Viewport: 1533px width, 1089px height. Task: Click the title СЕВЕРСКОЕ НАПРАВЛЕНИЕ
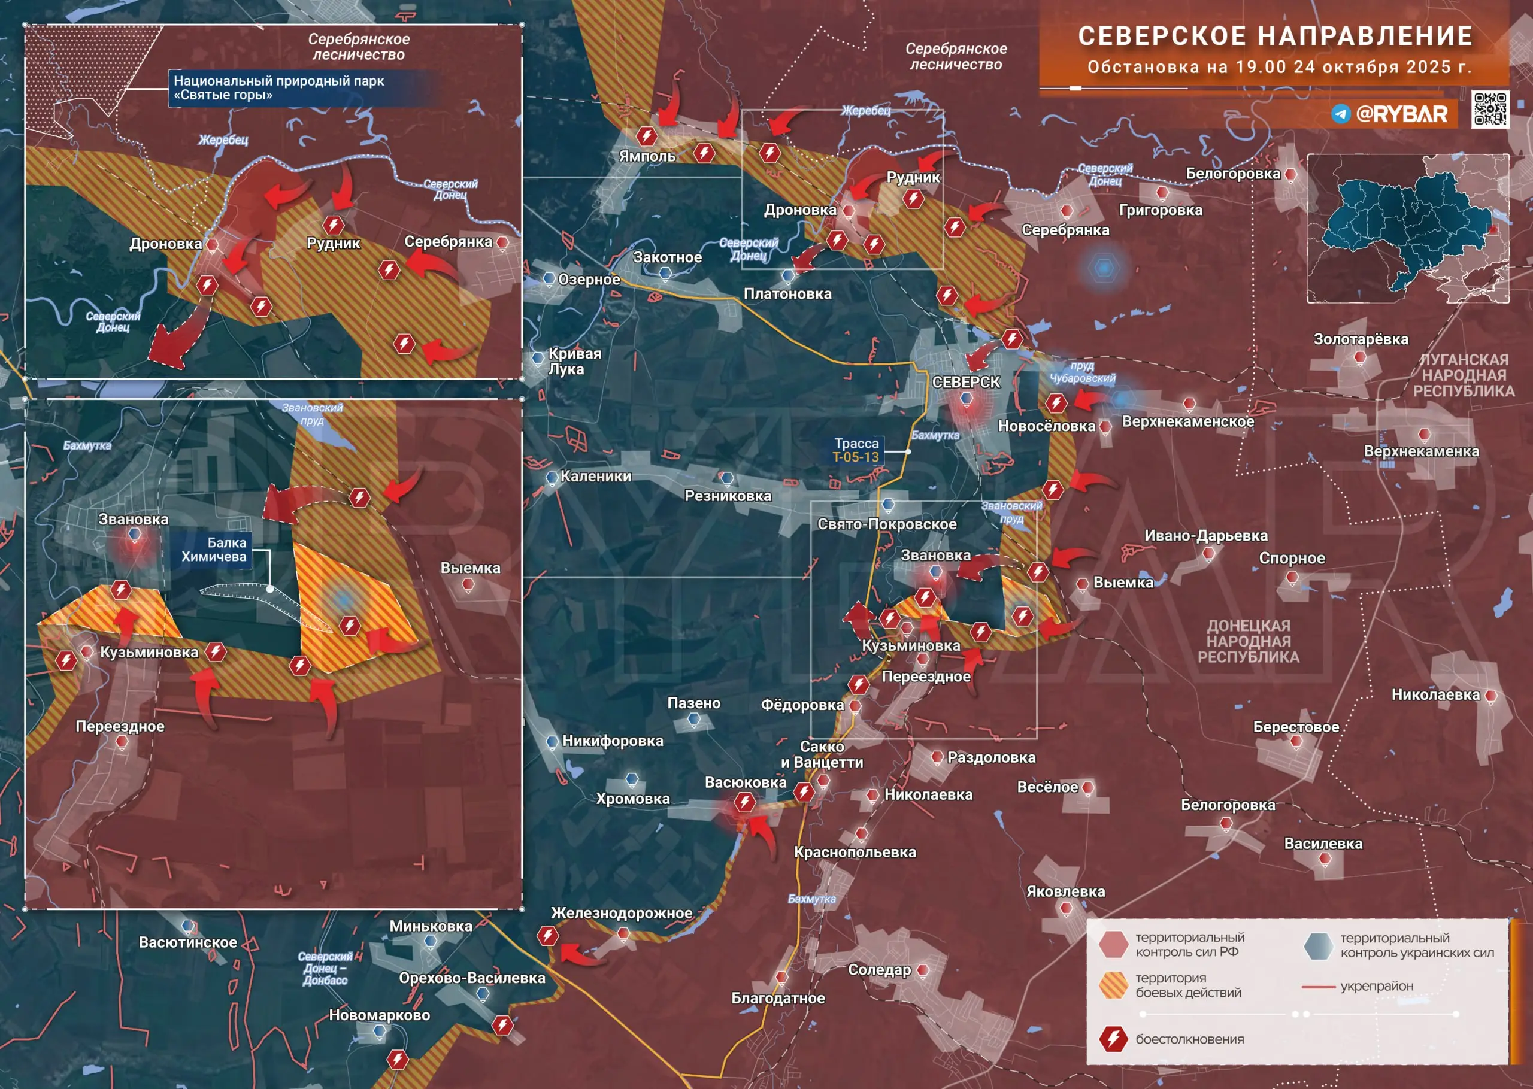(x=1276, y=36)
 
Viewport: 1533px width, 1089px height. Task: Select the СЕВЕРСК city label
(x=966, y=382)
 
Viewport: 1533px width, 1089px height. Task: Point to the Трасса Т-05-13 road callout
(x=856, y=450)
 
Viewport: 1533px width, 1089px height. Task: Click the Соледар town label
(x=879, y=970)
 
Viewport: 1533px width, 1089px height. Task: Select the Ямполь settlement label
(x=647, y=156)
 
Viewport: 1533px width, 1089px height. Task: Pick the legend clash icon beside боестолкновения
(x=1113, y=1039)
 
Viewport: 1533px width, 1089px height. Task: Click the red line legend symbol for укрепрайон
(x=1318, y=987)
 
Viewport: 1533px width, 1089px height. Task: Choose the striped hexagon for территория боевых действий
(x=1113, y=985)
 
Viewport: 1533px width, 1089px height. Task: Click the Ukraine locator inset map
(x=1408, y=229)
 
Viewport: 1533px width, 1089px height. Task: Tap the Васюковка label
(x=745, y=782)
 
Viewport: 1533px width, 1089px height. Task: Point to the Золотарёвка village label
(x=1361, y=339)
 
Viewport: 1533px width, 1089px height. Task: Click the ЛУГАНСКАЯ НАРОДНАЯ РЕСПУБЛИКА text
(x=1464, y=375)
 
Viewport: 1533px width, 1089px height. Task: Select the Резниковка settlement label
(x=728, y=496)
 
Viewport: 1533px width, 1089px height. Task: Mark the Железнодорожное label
(x=621, y=912)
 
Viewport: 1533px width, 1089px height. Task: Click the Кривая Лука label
(x=575, y=361)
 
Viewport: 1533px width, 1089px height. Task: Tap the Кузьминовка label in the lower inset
(x=149, y=652)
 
